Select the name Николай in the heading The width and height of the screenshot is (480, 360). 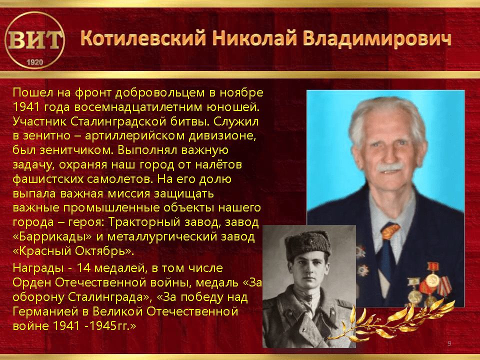255,38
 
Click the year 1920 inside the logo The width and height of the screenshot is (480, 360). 35,62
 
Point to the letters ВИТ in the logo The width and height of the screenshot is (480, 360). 34,40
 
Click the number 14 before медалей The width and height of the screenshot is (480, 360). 83,268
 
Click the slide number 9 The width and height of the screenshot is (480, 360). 449,343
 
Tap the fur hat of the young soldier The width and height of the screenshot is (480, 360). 308,244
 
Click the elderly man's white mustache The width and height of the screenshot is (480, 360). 389,167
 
